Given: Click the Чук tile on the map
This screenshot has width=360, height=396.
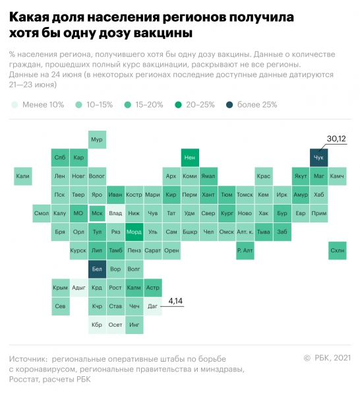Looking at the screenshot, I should pyautogui.click(x=318, y=158).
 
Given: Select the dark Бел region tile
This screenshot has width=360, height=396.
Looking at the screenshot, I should pyautogui.click(x=97, y=269).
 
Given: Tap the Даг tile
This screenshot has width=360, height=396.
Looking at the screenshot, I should pyautogui.click(x=152, y=306).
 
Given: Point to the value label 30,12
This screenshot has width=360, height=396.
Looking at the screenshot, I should pyautogui.click(x=337, y=139).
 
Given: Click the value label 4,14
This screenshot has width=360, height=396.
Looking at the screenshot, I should pyautogui.click(x=175, y=301).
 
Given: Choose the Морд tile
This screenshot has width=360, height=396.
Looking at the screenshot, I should pyautogui.click(x=134, y=232).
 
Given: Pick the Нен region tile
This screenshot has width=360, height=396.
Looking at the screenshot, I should pyautogui.click(x=190, y=158).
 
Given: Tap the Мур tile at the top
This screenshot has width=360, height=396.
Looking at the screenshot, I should pyautogui.click(x=97, y=139).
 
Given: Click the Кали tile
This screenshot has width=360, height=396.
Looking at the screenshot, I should pyautogui.click(x=23, y=176).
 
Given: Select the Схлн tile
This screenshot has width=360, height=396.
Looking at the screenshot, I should pyautogui.click(x=337, y=250).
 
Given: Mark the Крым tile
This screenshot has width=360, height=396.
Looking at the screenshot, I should pyautogui.click(x=60, y=288).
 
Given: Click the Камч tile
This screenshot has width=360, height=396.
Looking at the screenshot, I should pyautogui.click(x=337, y=176).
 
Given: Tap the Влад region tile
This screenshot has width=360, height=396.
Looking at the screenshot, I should pyautogui.click(x=115, y=213).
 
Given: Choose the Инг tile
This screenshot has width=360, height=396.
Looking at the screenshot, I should pyautogui.click(x=134, y=325).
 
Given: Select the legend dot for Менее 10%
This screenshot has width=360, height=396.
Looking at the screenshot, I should pyautogui.click(x=15, y=104).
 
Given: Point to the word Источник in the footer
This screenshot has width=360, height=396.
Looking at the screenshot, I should pyautogui.click(x=29, y=358).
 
